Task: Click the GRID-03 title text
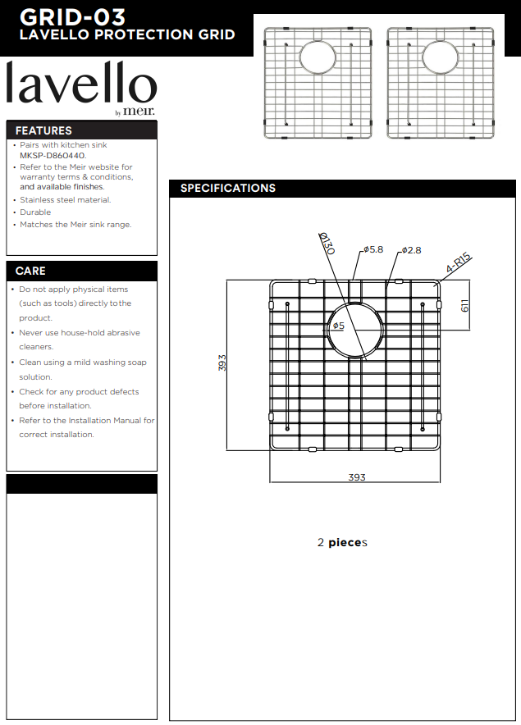click(73, 16)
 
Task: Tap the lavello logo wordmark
click(80, 84)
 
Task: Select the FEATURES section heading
click(43, 130)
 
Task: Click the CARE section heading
click(30, 271)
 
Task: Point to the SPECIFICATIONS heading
click(228, 189)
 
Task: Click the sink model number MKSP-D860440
click(53, 155)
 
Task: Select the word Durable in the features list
click(35, 212)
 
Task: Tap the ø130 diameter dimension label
click(327, 244)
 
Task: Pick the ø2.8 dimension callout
click(411, 250)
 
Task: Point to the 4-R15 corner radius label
click(459, 264)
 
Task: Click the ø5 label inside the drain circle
click(338, 326)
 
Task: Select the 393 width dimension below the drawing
click(356, 477)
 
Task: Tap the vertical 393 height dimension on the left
click(222, 362)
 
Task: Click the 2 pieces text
click(342, 543)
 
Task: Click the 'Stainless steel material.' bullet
click(66, 200)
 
